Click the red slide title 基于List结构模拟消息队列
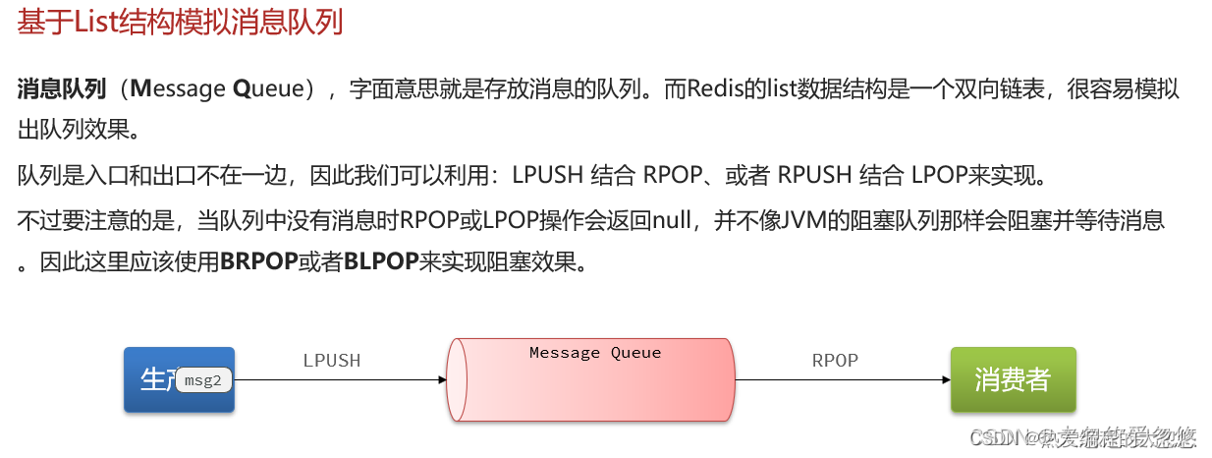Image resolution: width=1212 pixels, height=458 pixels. pos(180,22)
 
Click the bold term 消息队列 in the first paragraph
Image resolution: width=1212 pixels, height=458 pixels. pos(61,89)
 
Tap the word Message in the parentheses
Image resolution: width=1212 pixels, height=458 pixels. pos(177,89)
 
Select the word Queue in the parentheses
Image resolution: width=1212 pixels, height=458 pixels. pos(267,89)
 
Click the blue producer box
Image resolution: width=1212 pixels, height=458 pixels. pos(157,379)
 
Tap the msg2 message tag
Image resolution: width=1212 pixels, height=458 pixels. pos(203,380)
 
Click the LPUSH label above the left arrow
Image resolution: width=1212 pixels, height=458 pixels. pos(332,361)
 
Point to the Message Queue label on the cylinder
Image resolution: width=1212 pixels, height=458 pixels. pos(595,353)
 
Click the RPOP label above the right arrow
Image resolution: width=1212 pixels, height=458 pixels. pos(835,361)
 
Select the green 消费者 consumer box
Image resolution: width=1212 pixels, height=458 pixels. pos(1013,379)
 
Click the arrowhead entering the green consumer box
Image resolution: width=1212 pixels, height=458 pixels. pos(944,380)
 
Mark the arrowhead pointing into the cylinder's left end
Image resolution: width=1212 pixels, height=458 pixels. pos(441,380)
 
